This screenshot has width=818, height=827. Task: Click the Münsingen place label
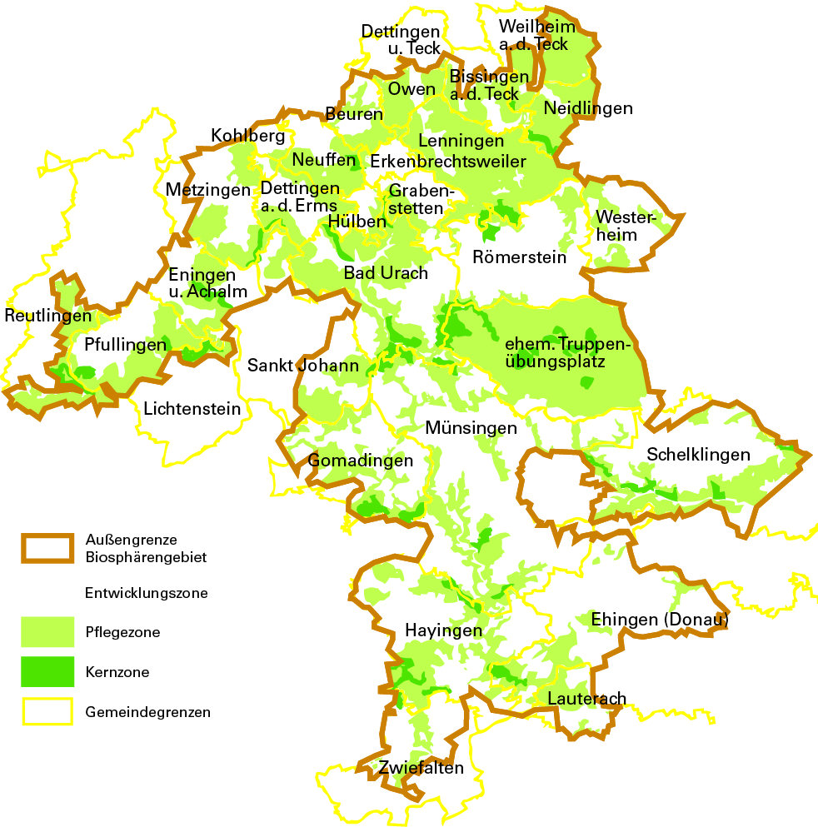pos(471,428)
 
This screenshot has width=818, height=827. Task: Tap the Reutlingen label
pos(47,316)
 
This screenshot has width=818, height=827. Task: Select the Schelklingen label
pos(698,455)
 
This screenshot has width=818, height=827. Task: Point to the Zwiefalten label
pos(421,768)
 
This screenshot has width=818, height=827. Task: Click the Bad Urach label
pos(386,273)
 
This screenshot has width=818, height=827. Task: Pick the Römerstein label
pos(519,257)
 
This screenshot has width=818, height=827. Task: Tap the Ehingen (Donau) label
pos(660,620)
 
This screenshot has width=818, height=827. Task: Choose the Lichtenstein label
pos(192,409)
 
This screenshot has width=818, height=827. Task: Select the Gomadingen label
pos(361,461)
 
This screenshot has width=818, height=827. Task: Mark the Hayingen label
pos(443,630)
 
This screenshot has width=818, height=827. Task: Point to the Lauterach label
pos(586,698)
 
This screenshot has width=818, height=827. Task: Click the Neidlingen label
pos(588,108)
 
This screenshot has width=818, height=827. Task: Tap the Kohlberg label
pos(247,135)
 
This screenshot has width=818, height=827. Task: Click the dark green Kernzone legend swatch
pos(47,672)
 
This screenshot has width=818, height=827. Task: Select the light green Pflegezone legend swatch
pos(47,632)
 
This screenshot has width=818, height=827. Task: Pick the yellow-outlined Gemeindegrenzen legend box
pos(47,712)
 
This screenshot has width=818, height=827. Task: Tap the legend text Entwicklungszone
pos(146,594)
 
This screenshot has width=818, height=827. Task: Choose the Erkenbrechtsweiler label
pos(448,161)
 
